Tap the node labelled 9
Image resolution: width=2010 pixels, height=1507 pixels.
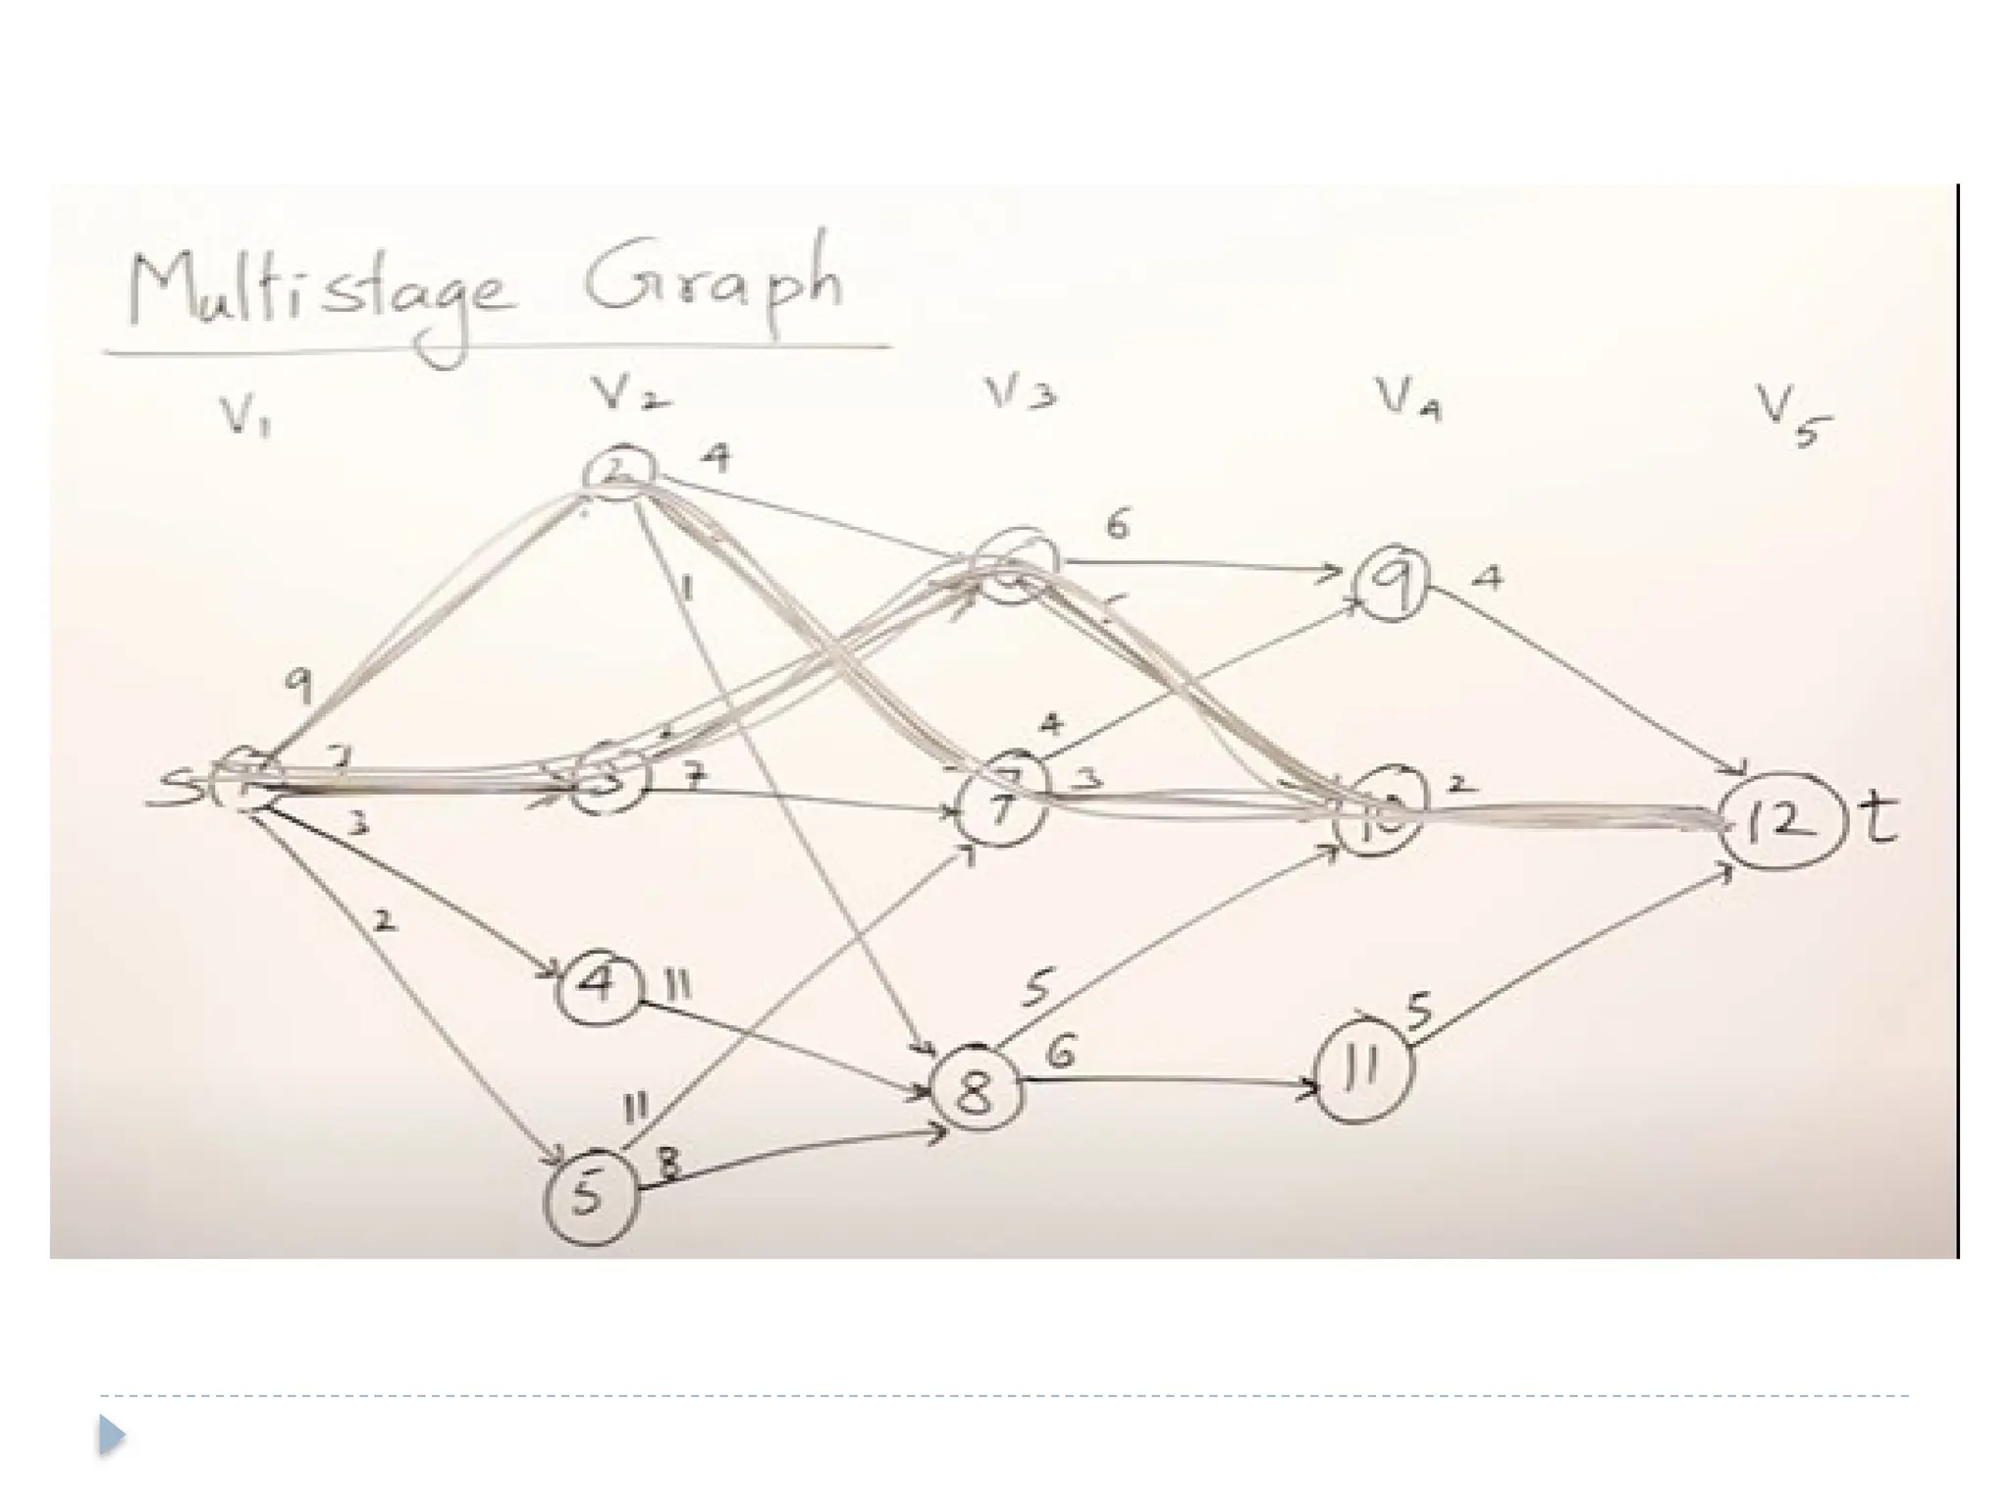[x=1392, y=583]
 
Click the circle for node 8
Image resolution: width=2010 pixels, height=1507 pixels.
[x=976, y=1089]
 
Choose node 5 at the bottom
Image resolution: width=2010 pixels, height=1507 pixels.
[x=590, y=1196]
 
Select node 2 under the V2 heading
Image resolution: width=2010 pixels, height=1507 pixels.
[x=618, y=472]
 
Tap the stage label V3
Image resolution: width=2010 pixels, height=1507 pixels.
[x=1021, y=394]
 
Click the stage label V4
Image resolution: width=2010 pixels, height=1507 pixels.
[x=1406, y=399]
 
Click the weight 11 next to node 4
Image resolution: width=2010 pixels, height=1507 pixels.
[x=677, y=984]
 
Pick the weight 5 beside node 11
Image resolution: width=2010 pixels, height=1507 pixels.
[x=1419, y=1010]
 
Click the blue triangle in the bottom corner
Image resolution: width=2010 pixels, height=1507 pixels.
[x=112, y=1435]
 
